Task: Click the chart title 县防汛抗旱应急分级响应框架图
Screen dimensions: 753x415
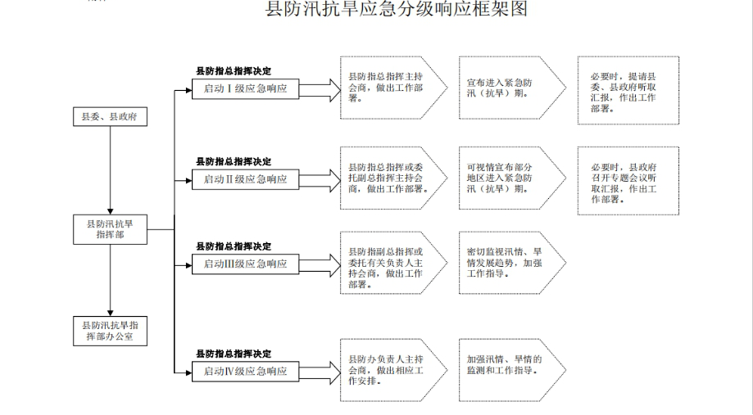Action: (x=397, y=9)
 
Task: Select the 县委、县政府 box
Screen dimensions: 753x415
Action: (x=110, y=116)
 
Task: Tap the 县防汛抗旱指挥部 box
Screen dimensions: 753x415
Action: (x=110, y=229)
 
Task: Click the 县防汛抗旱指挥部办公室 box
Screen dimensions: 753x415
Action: (x=110, y=331)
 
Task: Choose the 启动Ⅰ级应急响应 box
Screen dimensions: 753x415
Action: (x=245, y=88)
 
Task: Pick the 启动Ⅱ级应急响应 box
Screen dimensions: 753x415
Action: (x=245, y=179)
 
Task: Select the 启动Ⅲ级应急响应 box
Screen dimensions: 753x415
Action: (x=245, y=264)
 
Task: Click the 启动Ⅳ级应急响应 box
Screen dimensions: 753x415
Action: (x=245, y=372)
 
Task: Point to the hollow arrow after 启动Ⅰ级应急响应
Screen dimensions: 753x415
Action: (x=320, y=90)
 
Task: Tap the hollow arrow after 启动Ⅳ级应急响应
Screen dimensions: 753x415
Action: (x=320, y=372)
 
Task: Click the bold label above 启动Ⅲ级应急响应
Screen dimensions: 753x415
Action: (x=234, y=246)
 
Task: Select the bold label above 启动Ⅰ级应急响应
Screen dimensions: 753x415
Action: (x=234, y=71)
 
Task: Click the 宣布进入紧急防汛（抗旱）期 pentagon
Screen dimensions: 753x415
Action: (x=512, y=88)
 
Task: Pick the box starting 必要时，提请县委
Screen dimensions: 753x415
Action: (x=628, y=90)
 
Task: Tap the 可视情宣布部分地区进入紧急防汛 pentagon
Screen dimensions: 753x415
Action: (x=512, y=178)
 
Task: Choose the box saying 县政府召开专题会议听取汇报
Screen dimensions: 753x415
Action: (x=628, y=181)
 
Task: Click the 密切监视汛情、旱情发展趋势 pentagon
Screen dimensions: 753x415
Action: (x=512, y=263)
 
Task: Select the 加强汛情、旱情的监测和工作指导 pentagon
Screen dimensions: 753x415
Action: (x=512, y=370)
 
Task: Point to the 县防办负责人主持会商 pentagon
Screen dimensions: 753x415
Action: (x=394, y=370)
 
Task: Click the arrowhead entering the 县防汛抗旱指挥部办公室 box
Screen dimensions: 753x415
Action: (x=110, y=314)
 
